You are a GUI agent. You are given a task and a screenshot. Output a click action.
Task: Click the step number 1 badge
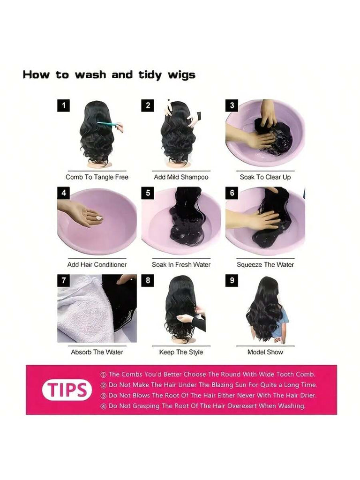pyautogui.click(x=64, y=105)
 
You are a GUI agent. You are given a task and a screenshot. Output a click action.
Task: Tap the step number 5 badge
pyautogui.click(x=148, y=193)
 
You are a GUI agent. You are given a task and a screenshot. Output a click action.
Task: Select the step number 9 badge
pyautogui.click(x=232, y=281)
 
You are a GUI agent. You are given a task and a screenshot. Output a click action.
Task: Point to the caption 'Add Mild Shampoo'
pyautogui.click(x=181, y=177)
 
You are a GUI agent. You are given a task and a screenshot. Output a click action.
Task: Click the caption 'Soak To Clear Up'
pyautogui.click(x=265, y=177)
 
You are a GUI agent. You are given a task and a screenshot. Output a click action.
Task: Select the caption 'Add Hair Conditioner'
pyautogui.click(x=97, y=264)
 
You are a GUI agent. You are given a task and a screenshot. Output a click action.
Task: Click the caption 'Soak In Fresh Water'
pyautogui.click(x=181, y=264)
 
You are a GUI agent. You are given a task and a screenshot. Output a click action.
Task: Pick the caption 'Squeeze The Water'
pyautogui.click(x=265, y=264)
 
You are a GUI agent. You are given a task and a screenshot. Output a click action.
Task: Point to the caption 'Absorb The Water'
pyautogui.click(x=97, y=352)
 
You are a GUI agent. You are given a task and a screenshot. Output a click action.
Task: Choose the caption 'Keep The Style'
pyautogui.click(x=181, y=352)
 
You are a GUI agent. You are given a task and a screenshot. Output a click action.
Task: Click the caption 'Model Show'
pyautogui.click(x=265, y=352)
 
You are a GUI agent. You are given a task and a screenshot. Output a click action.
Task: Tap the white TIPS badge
pyautogui.click(x=67, y=390)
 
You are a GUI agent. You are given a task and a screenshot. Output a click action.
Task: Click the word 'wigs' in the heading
pyautogui.click(x=181, y=75)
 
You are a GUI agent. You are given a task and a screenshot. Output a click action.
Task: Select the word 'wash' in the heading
pyautogui.click(x=90, y=75)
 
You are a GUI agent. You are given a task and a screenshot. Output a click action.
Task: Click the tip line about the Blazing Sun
pyautogui.click(x=209, y=385)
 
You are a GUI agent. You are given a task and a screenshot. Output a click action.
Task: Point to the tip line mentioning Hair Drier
pyautogui.click(x=208, y=396)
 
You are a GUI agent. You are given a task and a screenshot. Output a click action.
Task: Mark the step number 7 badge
pyautogui.click(x=64, y=281)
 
